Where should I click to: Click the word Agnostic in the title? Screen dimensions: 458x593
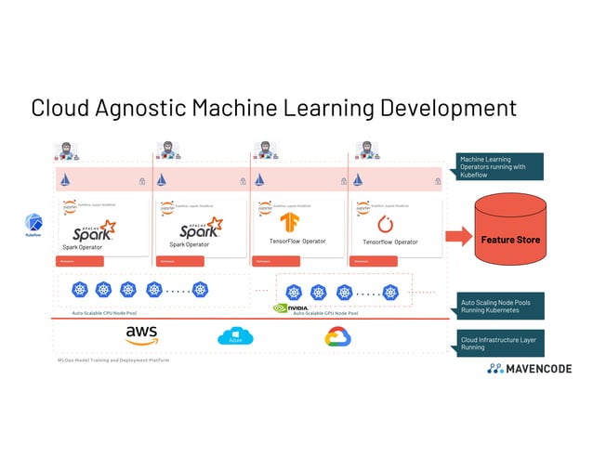coord(138,108)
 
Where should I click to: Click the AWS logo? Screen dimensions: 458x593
coord(141,335)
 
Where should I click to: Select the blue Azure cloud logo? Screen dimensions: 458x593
coord(236,336)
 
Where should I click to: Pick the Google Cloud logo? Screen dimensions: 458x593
coord(336,337)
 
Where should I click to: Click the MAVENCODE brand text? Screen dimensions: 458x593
coord(538,369)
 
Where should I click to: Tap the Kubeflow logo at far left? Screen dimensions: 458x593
coord(33,225)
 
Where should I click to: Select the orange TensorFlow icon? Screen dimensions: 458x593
coord(290,223)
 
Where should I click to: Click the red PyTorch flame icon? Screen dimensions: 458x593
coord(387,224)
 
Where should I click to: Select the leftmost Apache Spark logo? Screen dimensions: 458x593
coord(95,229)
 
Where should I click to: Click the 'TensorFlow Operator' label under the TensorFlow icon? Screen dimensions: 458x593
coord(297,242)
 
